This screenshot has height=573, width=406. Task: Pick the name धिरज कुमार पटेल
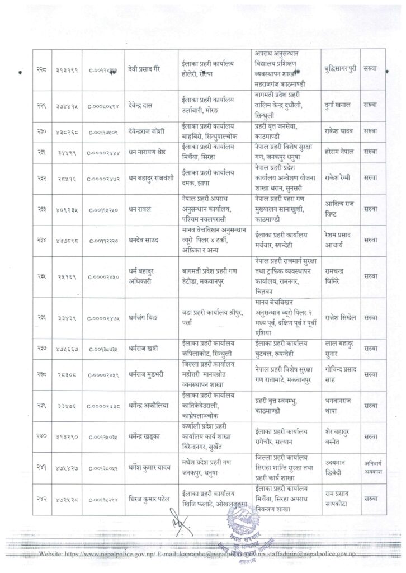click(150, 495)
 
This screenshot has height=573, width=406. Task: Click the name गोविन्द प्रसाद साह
click(341, 375)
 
